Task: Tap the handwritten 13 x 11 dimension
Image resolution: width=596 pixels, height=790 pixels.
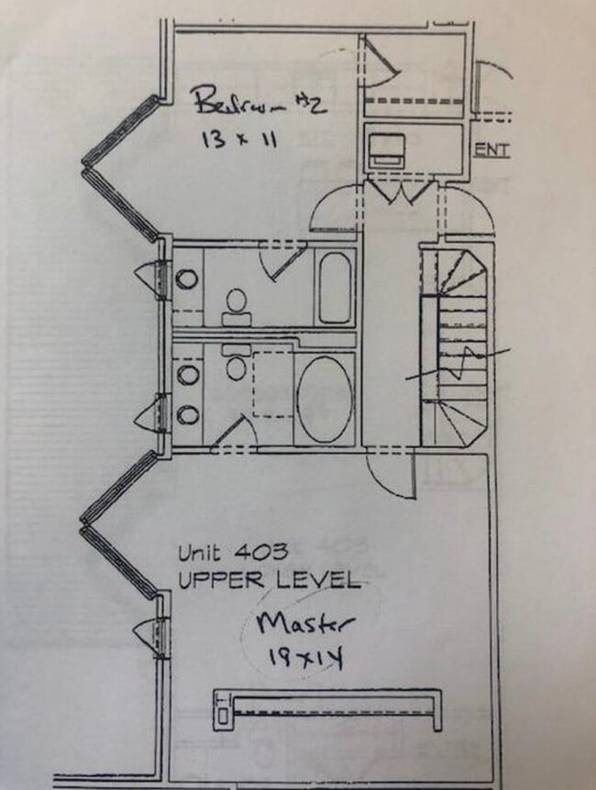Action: click(x=239, y=138)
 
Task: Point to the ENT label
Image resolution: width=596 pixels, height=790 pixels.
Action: click(x=492, y=149)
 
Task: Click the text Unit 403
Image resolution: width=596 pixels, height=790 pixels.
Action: click(x=234, y=553)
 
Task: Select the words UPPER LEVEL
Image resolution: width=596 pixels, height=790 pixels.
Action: click(x=270, y=580)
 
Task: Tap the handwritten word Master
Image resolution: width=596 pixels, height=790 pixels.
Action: click(x=304, y=624)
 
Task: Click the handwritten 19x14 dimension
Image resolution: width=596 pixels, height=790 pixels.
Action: click(x=305, y=657)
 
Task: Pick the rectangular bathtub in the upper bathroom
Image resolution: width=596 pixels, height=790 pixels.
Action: click(x=335, y=288)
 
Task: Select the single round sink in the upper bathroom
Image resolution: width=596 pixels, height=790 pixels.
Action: click(x=187, y=279)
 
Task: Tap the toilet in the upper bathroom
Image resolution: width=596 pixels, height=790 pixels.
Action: click(x=236, y=307)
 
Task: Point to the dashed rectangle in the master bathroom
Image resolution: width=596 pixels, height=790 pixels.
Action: click(x=273, y=384)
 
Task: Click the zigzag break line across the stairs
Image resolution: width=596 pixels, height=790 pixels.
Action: click(x=458, y=363)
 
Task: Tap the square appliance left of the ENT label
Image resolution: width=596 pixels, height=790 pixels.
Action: click(x=387, y=150)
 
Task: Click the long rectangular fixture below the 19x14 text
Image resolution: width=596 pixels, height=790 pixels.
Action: click(x=327, y=709)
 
